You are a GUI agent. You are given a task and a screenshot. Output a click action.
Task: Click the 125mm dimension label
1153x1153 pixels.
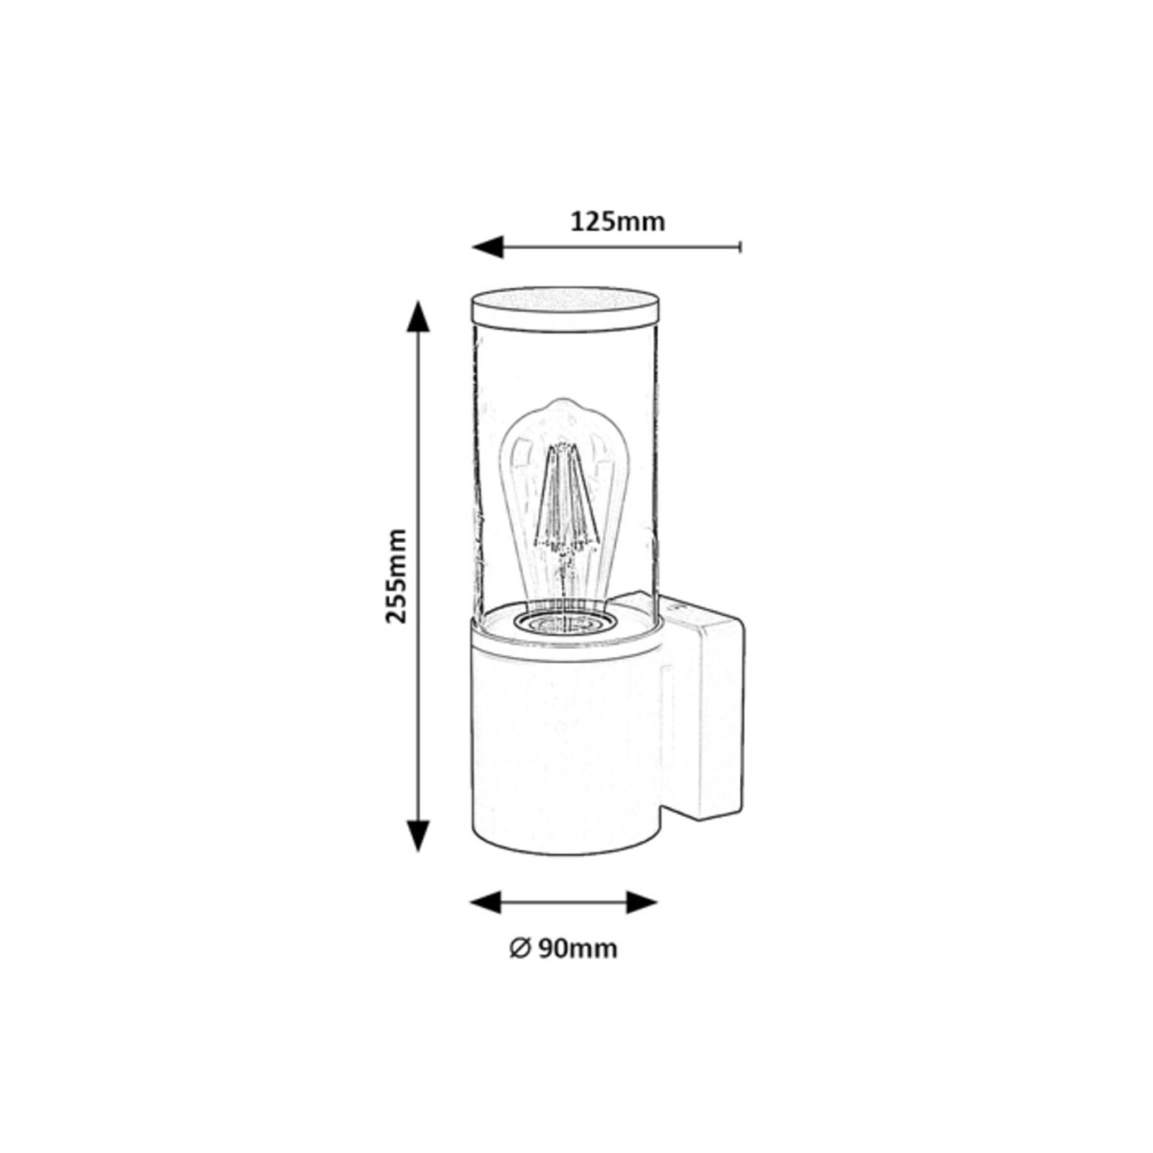618,222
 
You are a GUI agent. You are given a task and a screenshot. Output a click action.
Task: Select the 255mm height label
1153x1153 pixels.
396,575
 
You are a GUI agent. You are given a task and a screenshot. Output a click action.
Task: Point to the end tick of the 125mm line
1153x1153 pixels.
740,247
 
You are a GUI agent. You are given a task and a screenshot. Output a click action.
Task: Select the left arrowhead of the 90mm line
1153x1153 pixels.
486,902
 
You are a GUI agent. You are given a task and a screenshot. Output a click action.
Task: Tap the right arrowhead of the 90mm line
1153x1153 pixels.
641,902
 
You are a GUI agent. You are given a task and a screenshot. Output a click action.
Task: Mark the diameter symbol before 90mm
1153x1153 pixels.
517,948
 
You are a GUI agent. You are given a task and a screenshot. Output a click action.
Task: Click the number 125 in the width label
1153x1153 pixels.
593,222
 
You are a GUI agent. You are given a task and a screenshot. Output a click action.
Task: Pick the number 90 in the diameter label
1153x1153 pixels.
551,948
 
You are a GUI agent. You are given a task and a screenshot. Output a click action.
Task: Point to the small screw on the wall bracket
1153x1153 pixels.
678,608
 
